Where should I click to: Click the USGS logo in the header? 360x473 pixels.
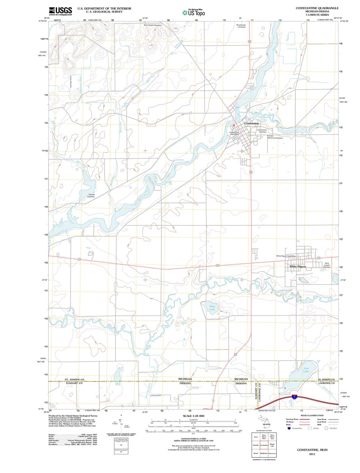pyautogui.click(x=60, y=11)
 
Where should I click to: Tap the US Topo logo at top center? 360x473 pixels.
pyautogui.click(x=194, y=13)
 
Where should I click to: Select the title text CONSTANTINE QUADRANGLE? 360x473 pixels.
pyautogui.click(x=317, y=8)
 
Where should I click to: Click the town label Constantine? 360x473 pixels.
pyautogui.click(x=251, y=123)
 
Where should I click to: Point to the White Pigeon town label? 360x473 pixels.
pyautogui.click(x=298, y=266)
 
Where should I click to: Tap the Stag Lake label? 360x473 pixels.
pyautogui.click(x=212, y=308)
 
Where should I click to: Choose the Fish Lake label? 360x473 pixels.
pyautogui.click(x=306, y=370)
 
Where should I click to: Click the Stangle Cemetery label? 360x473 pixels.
pyautogui.click(x=92, y=196)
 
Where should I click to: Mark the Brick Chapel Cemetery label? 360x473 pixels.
pyautogui.click(x=152, y=25)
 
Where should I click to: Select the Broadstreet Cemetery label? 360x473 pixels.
pyautogui.click(x=241, y=26)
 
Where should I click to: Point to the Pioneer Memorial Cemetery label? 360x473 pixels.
pyautogui.click(x=275, y=137)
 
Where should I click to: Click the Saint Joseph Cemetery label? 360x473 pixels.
pyautogui.click(x=327, y=265)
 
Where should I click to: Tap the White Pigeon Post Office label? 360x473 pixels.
pyautogui.click(x=286, y=256)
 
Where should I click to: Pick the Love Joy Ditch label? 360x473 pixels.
pyautogui.click(x=155, y=395)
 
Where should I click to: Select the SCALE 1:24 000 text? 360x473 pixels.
pyautogui.click(x=193, y=416)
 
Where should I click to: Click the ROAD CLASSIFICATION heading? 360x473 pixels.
pyautogui.click(x=312, y=415)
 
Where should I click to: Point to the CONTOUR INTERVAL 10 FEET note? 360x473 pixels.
pyautogui.click(x=193, y=438)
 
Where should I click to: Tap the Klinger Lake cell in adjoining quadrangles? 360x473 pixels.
pyautogui.click(x=272, y=445)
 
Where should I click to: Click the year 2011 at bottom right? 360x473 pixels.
pyautogui.click(x=312, y=454)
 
